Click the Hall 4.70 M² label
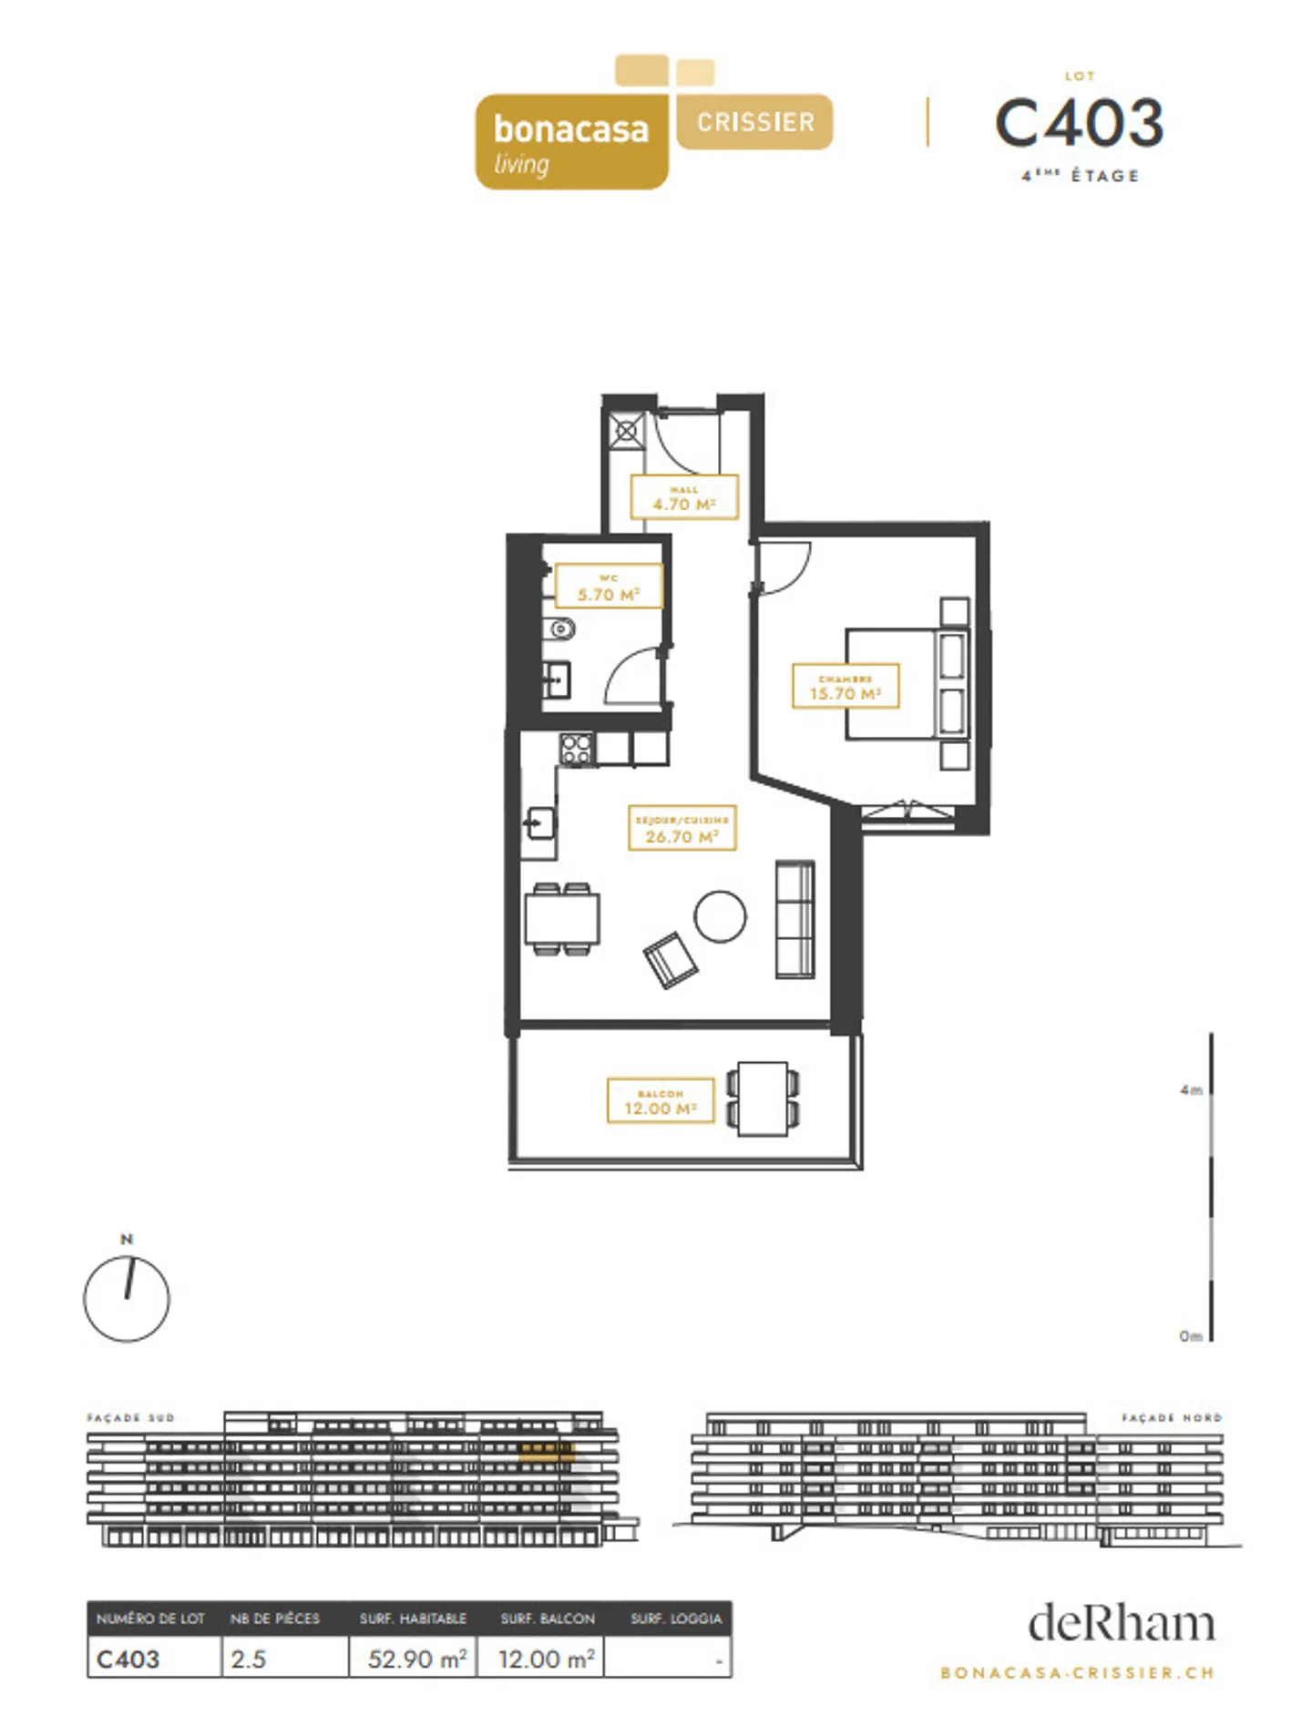pos(683,497)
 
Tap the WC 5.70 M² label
pos(608,587)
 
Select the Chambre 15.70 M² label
pos(845,686)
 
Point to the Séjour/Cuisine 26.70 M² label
pos(682,828)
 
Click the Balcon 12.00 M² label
pos(660,1100)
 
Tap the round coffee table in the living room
pos(720,915)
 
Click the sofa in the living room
pos(794,919)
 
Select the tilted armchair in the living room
pos(671,960)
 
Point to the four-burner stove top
pos(576,749)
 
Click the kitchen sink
pos(539,824)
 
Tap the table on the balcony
pos(763,1098)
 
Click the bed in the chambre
pos(902,683)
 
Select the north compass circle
pos(127,1299)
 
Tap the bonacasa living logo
pos(571,141)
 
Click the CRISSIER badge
pos(754,122)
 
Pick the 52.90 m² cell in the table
pos(415,1659)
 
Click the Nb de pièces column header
pos(275,1619)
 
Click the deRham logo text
pos(1121,1624)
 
